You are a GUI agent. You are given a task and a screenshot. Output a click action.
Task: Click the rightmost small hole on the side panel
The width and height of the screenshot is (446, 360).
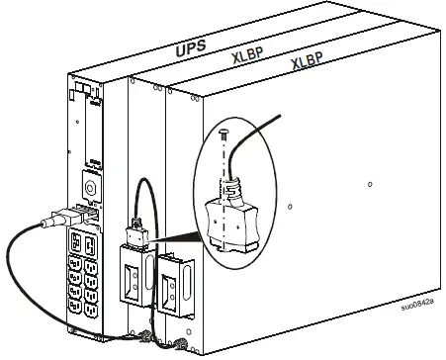(369, 183)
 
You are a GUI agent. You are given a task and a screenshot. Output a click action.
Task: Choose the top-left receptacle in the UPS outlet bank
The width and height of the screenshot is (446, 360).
(75, 241)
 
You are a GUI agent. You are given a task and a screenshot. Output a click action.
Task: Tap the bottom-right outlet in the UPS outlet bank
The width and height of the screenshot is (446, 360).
(91, 311)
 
